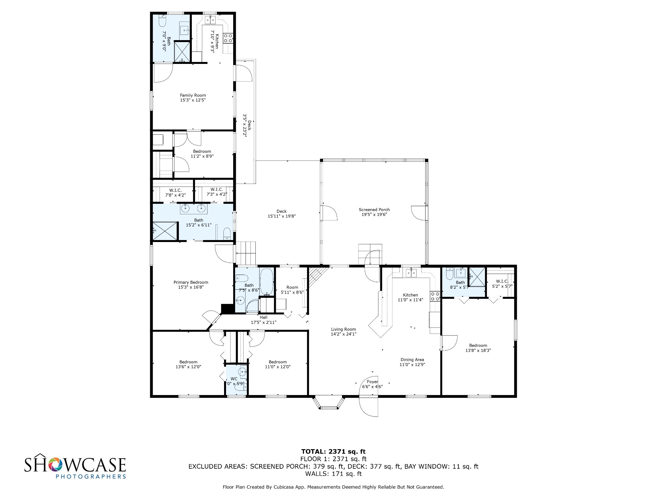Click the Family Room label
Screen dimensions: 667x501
(x=193, y=95)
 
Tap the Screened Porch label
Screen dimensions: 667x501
(x=374, y=210)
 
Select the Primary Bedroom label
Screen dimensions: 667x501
(x=191, y=282)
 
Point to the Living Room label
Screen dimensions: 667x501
(x=344, y=329)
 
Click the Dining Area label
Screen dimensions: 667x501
(x=412, y=360)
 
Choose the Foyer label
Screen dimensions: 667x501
(x=373, y=382)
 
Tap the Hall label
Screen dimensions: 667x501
(x=263, y=317)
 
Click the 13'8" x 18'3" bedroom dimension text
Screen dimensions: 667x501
(x=478, y=350)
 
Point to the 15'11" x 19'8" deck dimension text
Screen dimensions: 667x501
(x=282, y=216)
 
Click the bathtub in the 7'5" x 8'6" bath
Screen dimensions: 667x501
(x=267, y=281)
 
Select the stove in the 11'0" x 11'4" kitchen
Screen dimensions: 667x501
(x=435, y=296)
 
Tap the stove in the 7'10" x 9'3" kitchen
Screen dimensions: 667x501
(x=228, y=38)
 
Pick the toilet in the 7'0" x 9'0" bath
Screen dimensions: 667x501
(x=163, y=21)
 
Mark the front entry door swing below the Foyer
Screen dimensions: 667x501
(x=368, y=406)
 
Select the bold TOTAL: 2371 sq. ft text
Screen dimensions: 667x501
(x=333, y=452)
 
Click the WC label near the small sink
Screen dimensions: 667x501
(x=234, y=379)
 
